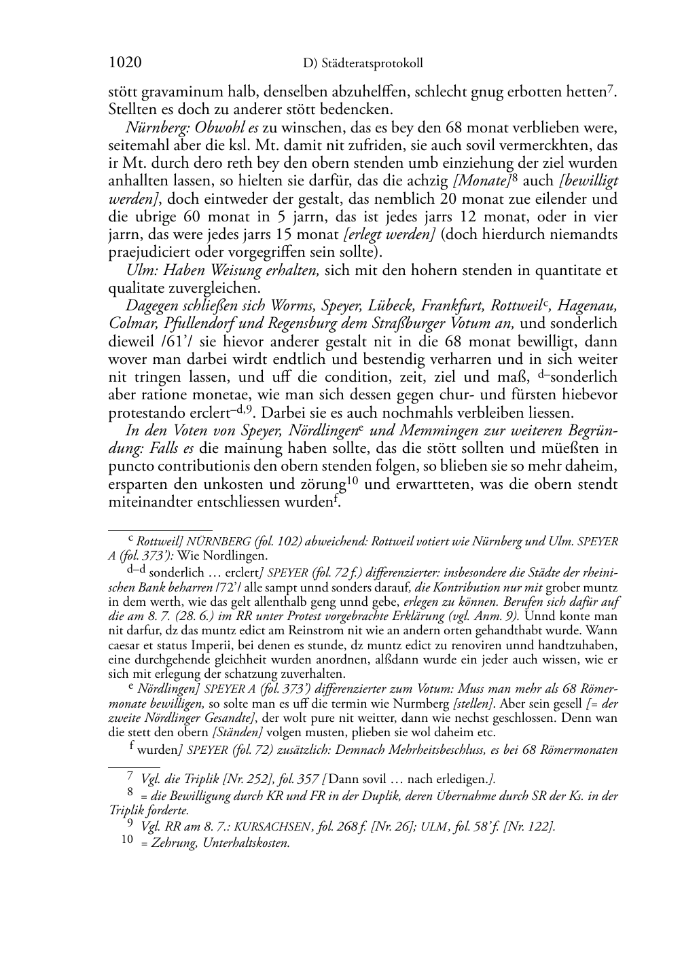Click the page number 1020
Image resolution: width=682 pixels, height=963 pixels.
click(x=125, y=63)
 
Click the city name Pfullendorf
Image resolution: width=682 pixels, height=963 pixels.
click(x=196, y=323)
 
